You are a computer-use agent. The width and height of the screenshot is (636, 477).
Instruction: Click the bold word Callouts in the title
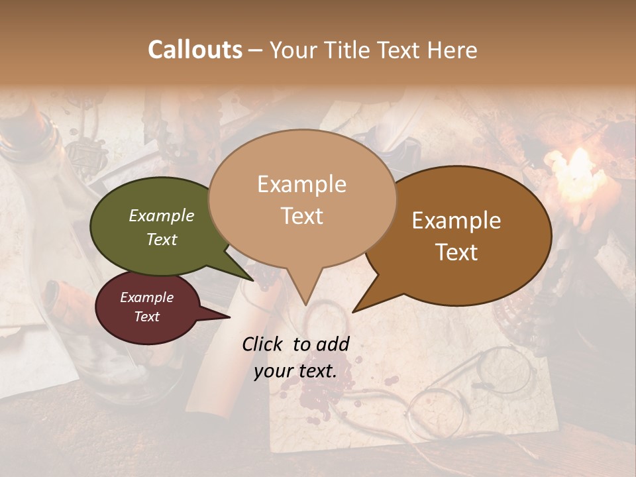tap(195, 50)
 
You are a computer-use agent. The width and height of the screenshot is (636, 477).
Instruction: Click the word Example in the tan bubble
tap(301, 184)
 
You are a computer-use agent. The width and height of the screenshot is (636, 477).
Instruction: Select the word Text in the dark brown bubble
tap(456, 252)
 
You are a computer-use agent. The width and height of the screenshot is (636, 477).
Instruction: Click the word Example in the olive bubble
tap(162, 215)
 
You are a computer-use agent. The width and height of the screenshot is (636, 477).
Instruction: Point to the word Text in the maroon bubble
tap(147, 317)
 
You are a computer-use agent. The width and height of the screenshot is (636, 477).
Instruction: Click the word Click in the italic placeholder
tap(264, 344)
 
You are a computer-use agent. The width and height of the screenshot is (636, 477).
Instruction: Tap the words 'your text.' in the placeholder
tap(295, 371)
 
